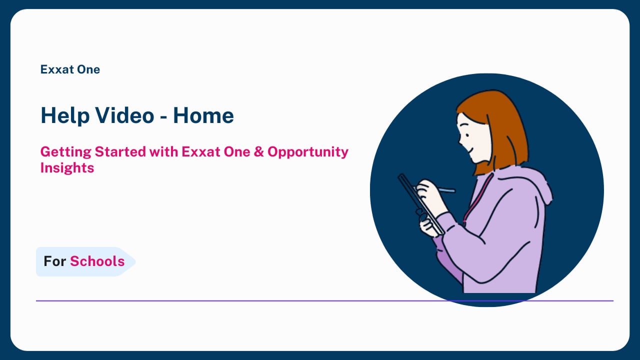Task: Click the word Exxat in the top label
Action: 57,69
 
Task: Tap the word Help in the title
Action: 65,116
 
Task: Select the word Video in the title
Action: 125,115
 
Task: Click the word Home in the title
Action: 203,115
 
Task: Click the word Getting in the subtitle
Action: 65,152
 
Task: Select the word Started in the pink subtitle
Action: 120,151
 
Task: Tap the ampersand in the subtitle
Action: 258,151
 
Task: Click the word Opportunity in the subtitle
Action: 308,152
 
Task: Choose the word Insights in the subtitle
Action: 67,168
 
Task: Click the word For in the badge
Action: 55,261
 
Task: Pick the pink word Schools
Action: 97,261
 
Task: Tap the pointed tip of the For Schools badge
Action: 135,261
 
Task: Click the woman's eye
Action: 467,135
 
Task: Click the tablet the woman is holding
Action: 420,203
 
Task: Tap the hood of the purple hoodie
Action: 528,183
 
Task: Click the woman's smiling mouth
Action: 469,149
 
